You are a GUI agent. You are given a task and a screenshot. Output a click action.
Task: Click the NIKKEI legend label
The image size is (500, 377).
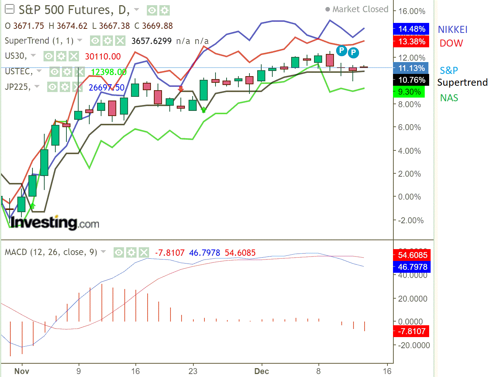[452, 30]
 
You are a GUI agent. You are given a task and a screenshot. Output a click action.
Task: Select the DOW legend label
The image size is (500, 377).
[451, 43]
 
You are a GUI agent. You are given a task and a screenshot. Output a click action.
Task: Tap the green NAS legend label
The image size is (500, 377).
[449, 98]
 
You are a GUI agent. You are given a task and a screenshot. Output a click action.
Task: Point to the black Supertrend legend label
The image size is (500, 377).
[462, 82]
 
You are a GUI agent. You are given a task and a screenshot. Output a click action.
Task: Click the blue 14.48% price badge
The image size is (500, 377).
[411, 29]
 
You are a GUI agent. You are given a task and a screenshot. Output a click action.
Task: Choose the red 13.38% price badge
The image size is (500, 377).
[411, 41]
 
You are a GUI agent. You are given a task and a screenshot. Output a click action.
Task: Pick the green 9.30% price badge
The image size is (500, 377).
[409, 92]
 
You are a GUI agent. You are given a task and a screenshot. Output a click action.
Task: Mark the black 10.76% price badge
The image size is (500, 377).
[411, 80]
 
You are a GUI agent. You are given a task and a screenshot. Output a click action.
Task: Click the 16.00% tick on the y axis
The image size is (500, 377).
[411, 11]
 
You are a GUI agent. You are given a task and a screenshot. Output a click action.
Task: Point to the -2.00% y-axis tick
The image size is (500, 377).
[411, 220]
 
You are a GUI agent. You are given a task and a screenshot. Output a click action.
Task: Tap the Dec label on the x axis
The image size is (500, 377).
[262, 371]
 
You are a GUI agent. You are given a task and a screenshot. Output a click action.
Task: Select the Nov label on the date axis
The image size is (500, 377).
[22, 371]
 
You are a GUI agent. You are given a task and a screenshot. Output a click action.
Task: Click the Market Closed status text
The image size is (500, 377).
[360, 9]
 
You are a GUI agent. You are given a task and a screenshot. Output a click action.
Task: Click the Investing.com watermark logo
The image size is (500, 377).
[55, 223]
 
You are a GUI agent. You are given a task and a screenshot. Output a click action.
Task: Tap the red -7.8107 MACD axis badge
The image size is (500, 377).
[411, 331]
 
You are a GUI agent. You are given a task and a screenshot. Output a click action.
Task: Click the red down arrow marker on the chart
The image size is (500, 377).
[180, 89]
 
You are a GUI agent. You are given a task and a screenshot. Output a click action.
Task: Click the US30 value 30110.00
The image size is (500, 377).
[103, 57]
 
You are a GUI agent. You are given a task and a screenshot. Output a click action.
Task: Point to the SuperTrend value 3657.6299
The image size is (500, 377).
[151, 41]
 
